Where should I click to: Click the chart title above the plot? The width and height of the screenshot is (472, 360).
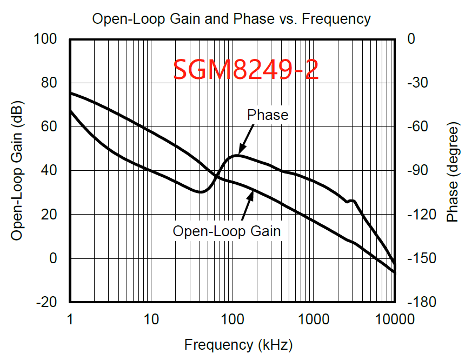231,19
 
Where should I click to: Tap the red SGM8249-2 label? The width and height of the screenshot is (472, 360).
246,70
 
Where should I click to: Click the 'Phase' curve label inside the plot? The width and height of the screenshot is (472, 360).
268,115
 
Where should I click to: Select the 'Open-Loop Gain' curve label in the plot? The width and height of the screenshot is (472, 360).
227,231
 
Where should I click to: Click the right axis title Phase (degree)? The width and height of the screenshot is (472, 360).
452,171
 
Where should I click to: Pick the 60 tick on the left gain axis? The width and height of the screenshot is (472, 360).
49,126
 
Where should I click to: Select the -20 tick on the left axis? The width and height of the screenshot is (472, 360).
46,302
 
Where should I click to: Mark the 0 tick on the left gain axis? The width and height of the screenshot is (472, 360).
53,258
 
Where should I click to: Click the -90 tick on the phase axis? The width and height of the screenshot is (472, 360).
420,171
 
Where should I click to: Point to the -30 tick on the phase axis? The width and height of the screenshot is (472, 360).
420,83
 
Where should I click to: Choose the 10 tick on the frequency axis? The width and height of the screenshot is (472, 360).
152,319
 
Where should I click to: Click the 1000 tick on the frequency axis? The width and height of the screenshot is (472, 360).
313,319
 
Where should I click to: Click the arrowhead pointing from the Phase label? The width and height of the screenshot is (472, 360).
241,151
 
